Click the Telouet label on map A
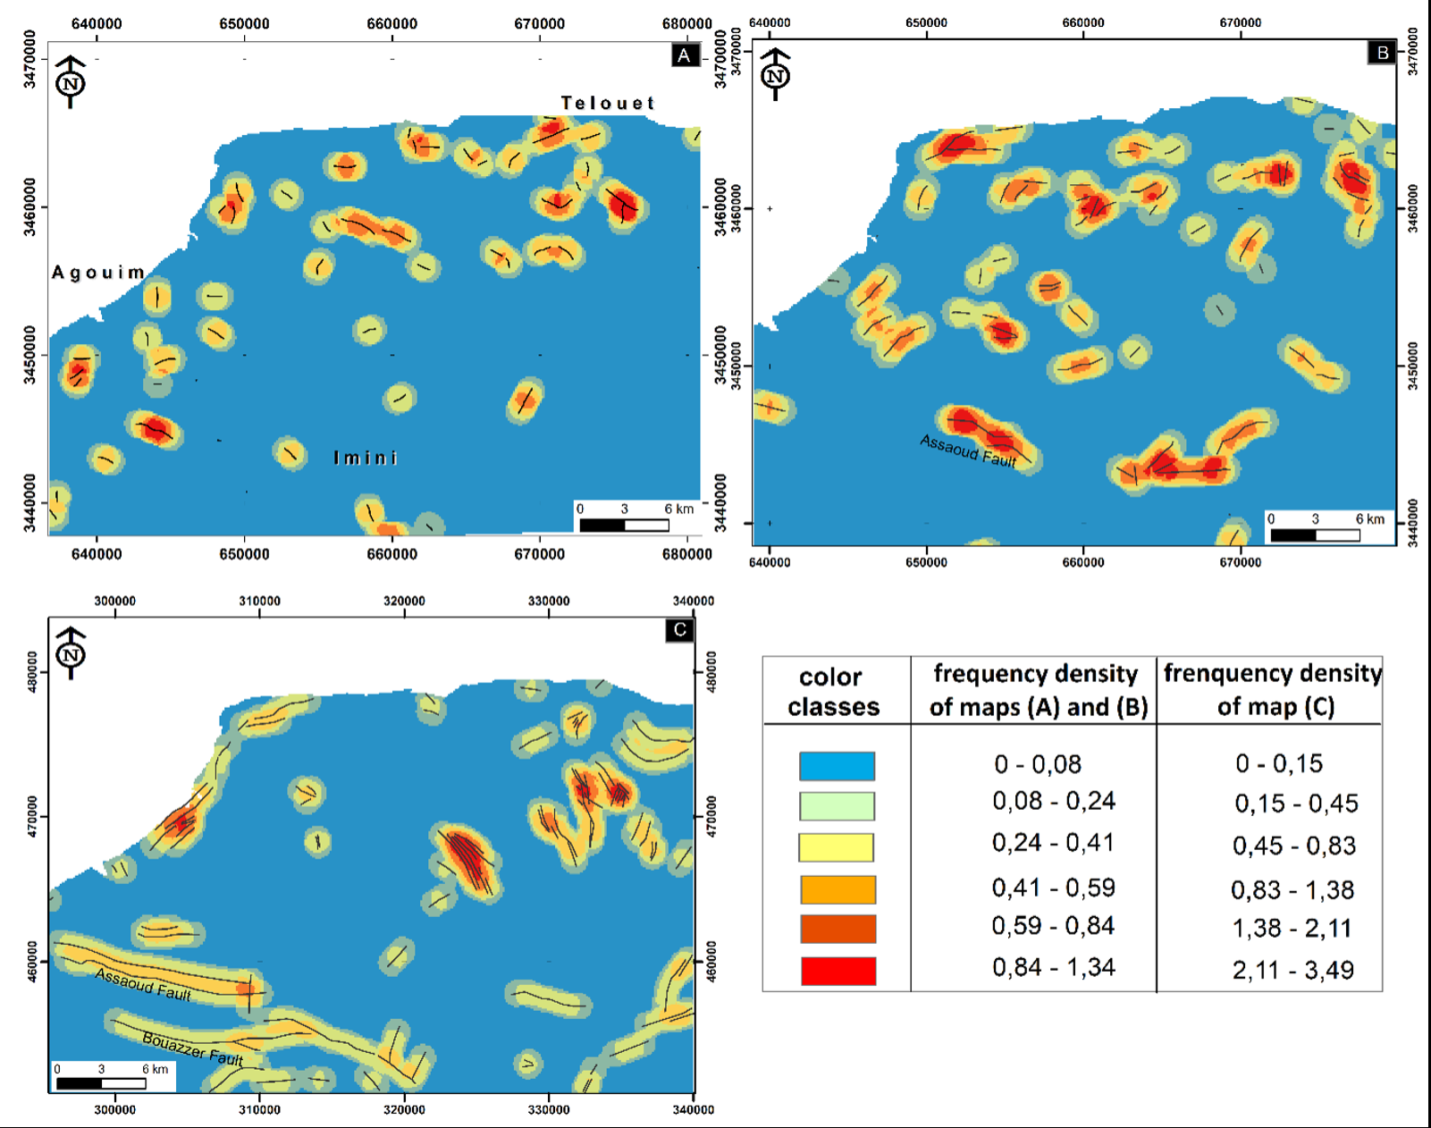pyautogui.click(x=608, y=104)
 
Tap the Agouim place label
pyautogui.click(x=98, y=273)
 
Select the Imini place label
pyautogui.click(x=366, y=459)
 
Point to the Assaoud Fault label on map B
pyautogui.click(x=969, y=451)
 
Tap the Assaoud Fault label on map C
pyautogui.click(x=143, y=984)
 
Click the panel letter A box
pyautogui.click(x=685, y=55)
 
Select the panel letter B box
pyautogui.click(x=1382, y=53)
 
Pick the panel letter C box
pyautogui.click(x=680, y=630)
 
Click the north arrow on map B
pyautogui.click(x=775, y=74)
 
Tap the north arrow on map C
pyautogui.click(x=71, y=653)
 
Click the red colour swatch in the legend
pyautogui.click(x=838, y=971)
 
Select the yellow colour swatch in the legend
pyautogui.click(x=836, y=847)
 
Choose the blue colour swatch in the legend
pyautogui.click(x=837, y=766)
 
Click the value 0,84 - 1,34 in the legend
pyautogui.click(x=1054, y=967)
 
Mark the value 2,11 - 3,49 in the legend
pyautogui.click(x=1293, y=970)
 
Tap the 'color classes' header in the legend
pyautogui.click(x=833, y=692)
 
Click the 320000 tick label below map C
pyautogui.click(x=404, y=1110)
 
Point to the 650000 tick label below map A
pyautogui.click(x=244, y=554)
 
